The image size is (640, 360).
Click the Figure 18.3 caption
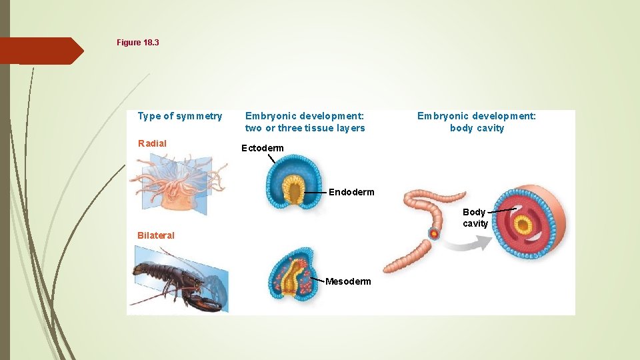138,43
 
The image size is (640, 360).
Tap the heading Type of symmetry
179,116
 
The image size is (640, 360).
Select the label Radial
152,143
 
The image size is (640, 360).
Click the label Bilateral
156,235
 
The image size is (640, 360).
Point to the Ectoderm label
262,148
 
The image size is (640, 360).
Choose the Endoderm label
351,192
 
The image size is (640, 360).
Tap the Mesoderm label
348,281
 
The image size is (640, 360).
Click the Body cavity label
475,218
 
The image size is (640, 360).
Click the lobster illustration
179,280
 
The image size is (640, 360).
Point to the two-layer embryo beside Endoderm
291,181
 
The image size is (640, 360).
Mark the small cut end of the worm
434,234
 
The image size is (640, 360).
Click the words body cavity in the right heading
477,128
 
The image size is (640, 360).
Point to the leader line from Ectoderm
271,159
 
